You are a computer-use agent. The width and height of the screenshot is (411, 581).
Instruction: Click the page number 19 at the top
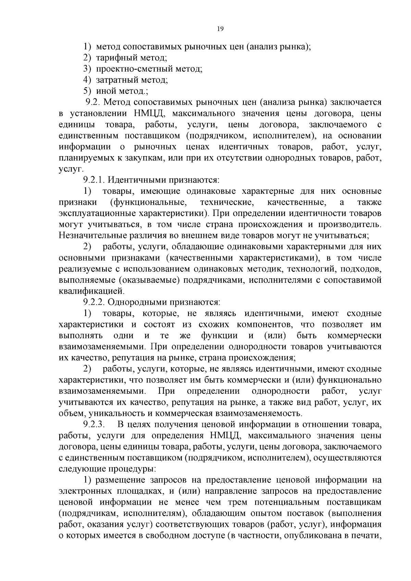pyautogui.click(x=220, y=29)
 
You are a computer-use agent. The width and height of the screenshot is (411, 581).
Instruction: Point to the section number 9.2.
pyautogui.click(x=93, y=102)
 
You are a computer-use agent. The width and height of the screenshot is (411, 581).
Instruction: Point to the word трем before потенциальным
pyautogui.click(x=234, y=502)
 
